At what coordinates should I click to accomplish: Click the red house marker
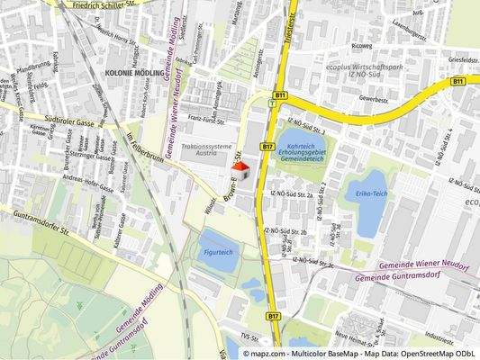[239, 171]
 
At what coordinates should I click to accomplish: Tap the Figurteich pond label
[216, 251]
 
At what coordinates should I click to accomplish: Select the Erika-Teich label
[371, 193]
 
